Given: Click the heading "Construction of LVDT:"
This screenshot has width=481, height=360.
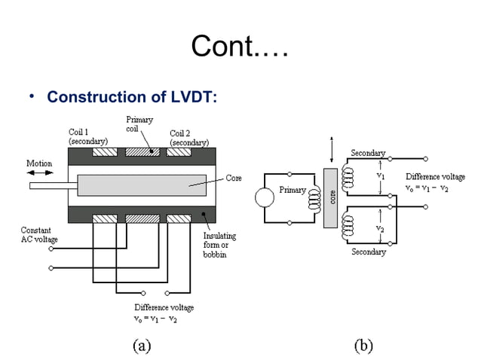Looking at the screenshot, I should [x=133, y=97].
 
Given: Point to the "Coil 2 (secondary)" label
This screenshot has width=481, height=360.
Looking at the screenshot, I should [x=188, y=137].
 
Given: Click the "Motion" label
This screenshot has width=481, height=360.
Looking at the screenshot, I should [x=39, y=163].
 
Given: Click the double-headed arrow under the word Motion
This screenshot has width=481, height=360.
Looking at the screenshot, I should [x=39, y=173].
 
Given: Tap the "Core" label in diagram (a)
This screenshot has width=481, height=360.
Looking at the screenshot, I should [x=234, y=178].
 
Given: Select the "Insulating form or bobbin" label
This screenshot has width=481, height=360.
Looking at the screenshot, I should [x=220, y=245].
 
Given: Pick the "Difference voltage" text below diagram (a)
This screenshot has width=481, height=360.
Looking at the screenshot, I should [x=164, y=308].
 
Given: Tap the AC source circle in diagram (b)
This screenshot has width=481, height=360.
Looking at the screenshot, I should [x=265, y=198].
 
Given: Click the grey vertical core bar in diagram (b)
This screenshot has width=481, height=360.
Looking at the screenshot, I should [x=331, y=198].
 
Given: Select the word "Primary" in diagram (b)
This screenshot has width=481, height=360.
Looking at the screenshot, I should [x=293, y=191].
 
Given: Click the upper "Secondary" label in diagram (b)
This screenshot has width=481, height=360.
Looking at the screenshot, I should [x=368, y=154].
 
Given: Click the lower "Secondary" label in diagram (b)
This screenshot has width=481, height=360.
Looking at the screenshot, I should [x=368, y=252].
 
